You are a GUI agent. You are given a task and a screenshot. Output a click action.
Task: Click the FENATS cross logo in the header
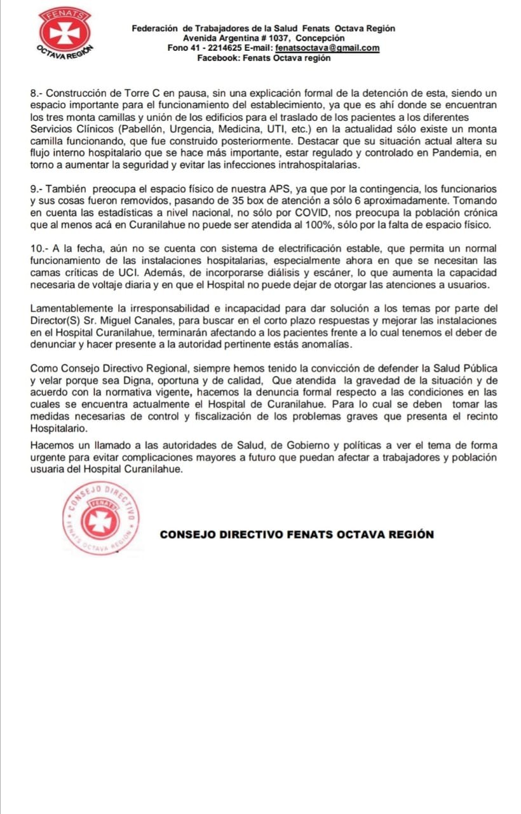click(x=65, y=33)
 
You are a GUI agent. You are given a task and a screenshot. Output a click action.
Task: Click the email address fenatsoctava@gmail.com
click(x=327, y=48)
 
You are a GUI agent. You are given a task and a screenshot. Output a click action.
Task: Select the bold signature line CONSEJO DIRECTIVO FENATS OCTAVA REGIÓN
click(x=297, y=535)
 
